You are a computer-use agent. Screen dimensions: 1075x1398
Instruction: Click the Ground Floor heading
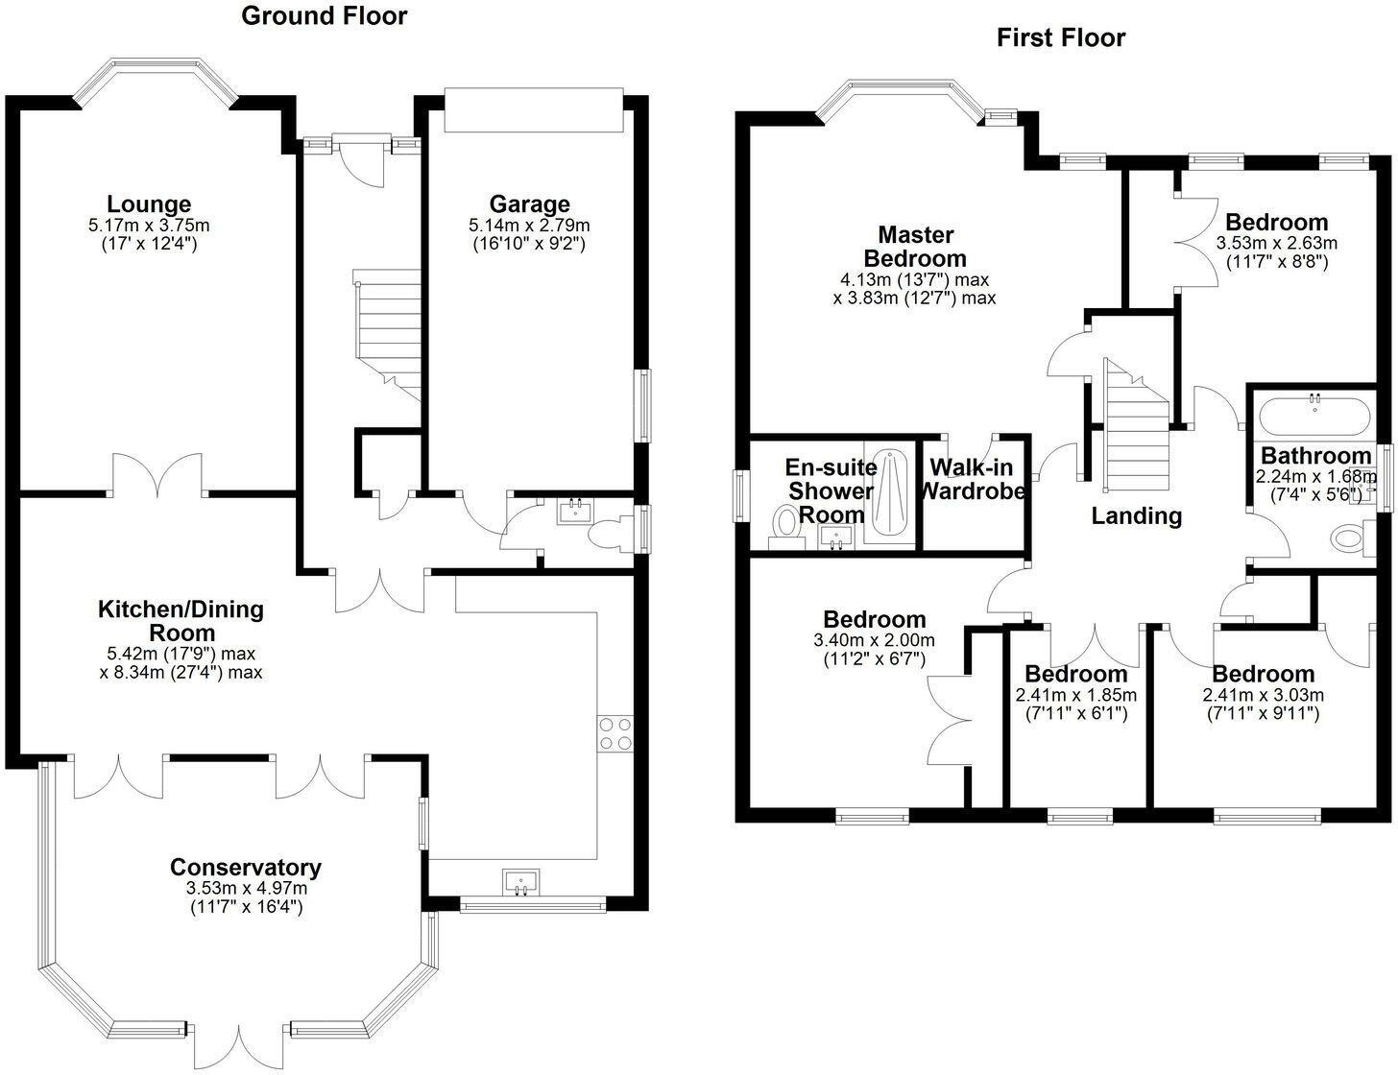click(324, 16)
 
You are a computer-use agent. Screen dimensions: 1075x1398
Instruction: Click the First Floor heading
click(1060, 37)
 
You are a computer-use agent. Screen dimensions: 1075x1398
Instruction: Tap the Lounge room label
click(149, 203)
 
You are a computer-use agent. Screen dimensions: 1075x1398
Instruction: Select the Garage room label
click(529, 203)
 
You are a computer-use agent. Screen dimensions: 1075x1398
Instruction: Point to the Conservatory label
click(245, 867)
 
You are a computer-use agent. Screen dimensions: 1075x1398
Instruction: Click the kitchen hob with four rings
click(615, 734)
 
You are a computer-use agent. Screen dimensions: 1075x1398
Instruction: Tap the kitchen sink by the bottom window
click(521, 882)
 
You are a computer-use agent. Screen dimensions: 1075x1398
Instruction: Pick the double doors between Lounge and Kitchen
click(157, 476)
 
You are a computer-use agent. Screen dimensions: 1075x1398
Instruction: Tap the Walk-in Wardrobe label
click(972, 479)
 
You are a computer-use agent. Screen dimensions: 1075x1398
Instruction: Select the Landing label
click(1137, 515)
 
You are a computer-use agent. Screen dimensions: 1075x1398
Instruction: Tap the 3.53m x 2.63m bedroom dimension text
click(1276, 243)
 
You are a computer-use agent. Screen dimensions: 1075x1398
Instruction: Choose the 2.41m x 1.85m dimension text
click(1075, 695)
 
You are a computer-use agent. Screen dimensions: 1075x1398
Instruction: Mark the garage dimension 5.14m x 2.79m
click(529, 225)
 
